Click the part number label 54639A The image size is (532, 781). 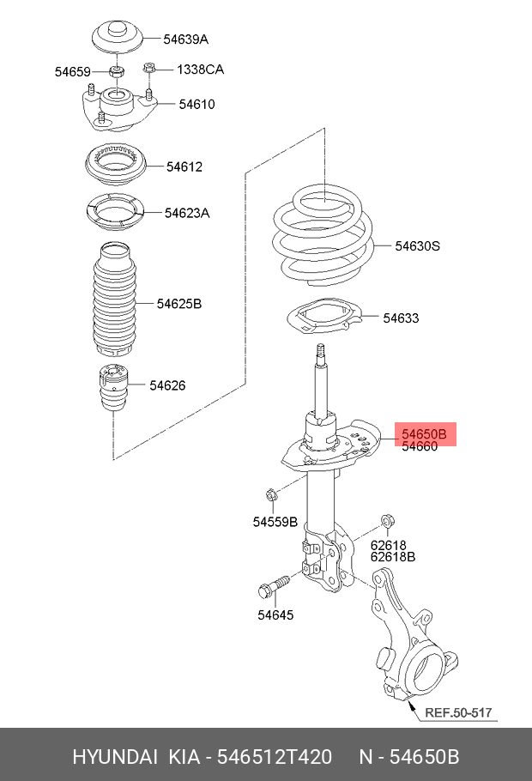pyautogui.click(x=186, y=39)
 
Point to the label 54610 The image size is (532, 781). pyautogui.click(x=196, y=105)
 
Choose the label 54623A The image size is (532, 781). pyautogui.click(x=186, y=213)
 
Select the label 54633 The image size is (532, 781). pyautogui.click(x=401, y=318)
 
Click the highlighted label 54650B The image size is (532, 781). pyautogui.click(x=425, y=433)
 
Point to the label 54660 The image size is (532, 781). pyautogui.click(x=420, y=446)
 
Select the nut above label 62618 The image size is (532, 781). pyautogui.click(x=386, y=521)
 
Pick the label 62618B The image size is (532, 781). pyautogui.click(x=393, y=556)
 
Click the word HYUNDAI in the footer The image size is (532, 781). pyautogui.click(x=114, y=756)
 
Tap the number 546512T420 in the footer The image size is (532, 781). pyautogui.click(x=272, y=756)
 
